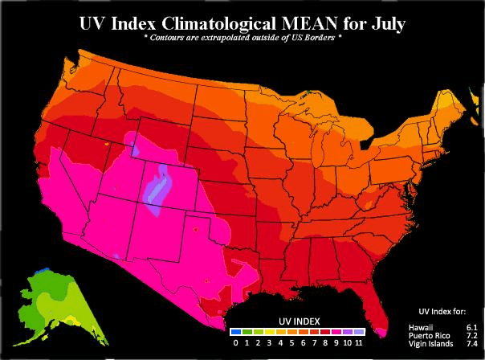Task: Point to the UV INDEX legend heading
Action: [296, 320]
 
